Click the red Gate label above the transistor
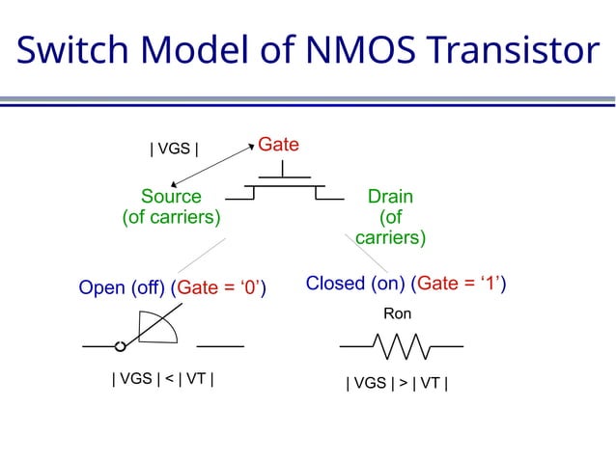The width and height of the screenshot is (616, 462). pos(278,146)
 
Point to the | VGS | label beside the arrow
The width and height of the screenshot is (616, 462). pos(174,149)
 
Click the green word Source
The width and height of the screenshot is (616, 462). pos(171,196)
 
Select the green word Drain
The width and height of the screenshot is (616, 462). pos(391,196)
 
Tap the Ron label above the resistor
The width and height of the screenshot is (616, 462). pos(397,314)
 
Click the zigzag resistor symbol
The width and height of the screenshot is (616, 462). pos(402,345)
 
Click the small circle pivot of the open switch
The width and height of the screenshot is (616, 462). pos(121,345)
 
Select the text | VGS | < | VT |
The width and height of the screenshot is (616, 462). pos(162,379)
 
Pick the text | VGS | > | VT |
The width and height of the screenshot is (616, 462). pos(397,384)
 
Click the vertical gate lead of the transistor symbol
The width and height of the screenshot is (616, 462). pos(283,169)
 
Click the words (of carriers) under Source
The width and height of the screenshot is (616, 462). pos(171,217)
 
